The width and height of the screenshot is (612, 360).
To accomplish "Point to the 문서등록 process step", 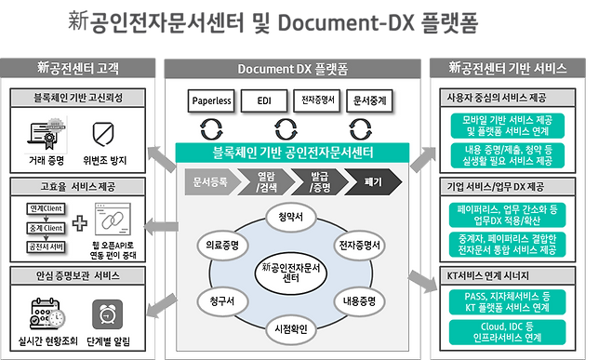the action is click(210, 182).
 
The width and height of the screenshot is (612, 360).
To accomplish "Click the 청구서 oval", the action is click(220, 301).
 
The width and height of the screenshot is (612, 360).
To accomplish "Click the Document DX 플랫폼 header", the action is click(293, 68).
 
